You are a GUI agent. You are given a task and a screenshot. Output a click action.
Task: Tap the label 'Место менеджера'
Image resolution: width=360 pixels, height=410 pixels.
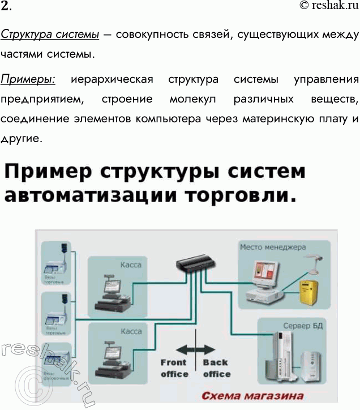click(273, 247)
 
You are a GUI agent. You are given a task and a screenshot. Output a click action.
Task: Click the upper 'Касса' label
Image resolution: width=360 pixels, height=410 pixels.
click(130, 264)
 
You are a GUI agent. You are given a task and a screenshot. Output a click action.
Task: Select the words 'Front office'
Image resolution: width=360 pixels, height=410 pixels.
click(174, 368)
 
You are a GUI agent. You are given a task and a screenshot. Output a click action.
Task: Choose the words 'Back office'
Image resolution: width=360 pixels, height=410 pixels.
click(216, 368)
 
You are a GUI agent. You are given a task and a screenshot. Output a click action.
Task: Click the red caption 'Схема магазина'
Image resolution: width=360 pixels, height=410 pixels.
click(252, 396)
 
